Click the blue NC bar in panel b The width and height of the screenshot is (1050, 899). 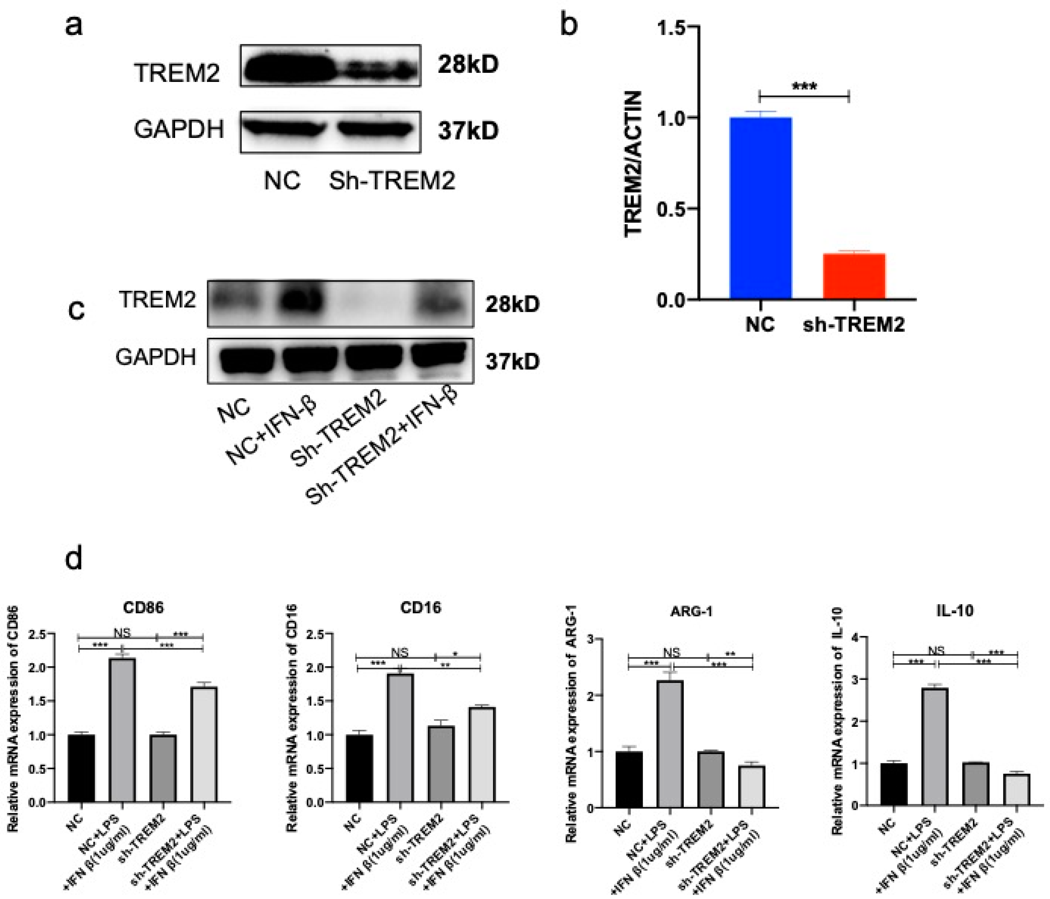760,208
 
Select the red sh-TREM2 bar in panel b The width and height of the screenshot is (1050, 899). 854,276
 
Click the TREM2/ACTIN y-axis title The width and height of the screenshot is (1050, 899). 634,163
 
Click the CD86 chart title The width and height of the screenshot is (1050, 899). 143,607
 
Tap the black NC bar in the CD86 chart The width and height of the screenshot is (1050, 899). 81,768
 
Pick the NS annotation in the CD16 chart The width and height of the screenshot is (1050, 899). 399,652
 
